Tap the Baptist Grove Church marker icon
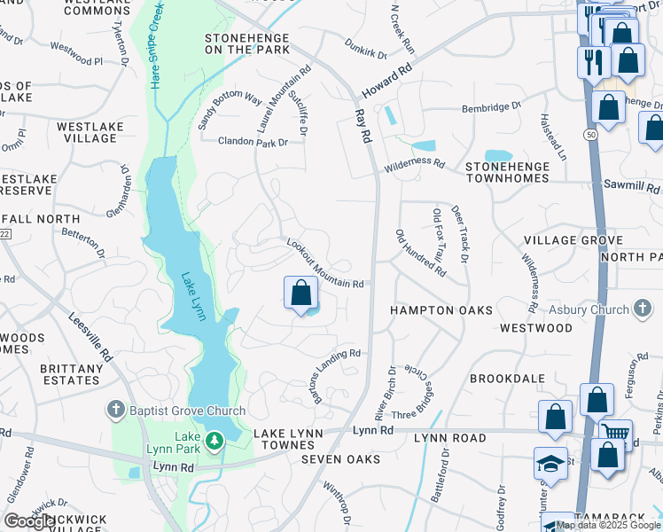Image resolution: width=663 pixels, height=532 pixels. (114, 410)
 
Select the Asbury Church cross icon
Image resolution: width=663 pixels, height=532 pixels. (643, 309)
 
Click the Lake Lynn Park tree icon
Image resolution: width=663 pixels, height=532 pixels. (214, 441)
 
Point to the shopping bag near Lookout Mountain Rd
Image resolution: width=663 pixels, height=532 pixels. (301, 293)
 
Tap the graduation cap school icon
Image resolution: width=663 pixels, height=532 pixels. (550, 464)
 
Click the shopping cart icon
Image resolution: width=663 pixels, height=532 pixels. (616, 434)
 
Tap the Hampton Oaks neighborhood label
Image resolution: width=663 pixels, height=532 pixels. (429, 310)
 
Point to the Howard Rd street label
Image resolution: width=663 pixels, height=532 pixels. (387, 81)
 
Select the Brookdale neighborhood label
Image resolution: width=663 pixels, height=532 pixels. (507, 378)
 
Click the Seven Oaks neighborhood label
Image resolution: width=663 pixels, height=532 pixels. (340, 459)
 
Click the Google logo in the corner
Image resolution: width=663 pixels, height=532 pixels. (28, 522)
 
